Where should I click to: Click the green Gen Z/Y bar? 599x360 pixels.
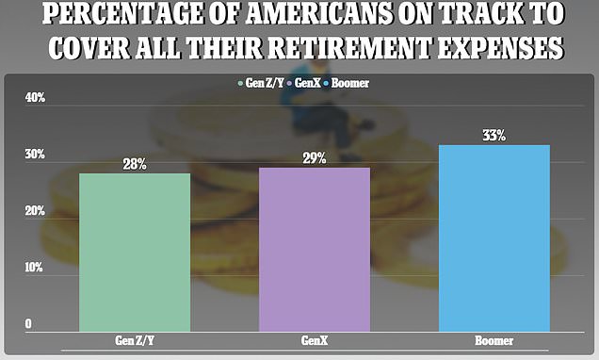click(x=135, y=253)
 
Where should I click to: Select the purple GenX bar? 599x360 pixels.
click(x=315, y=250)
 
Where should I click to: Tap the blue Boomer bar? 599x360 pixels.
click(x=494, y=238)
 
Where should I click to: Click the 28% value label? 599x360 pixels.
click(x=135, y=164)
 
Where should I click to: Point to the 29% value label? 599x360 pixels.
click(x=315, y=158)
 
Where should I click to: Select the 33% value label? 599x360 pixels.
click(x=494, y=136)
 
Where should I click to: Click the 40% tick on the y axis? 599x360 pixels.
click(x=35, y=98)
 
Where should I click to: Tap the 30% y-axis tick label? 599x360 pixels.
click(x=35, y=155)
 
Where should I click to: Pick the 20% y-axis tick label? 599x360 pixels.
click(x=35, y=211)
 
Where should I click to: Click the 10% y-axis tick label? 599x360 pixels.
click(x=34, y=267)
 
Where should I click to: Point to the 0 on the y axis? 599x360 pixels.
click(x=28, y=324)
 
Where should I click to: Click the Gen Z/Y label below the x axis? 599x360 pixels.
click(x=135, y=340)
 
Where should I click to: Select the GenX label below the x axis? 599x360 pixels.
click(x=315, y=340)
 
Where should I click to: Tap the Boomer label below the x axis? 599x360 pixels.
click(x=494, y=340)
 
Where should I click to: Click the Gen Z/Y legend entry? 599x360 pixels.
click(x=261, y=83)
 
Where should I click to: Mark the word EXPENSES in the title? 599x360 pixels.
click(x=500, y=49)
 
